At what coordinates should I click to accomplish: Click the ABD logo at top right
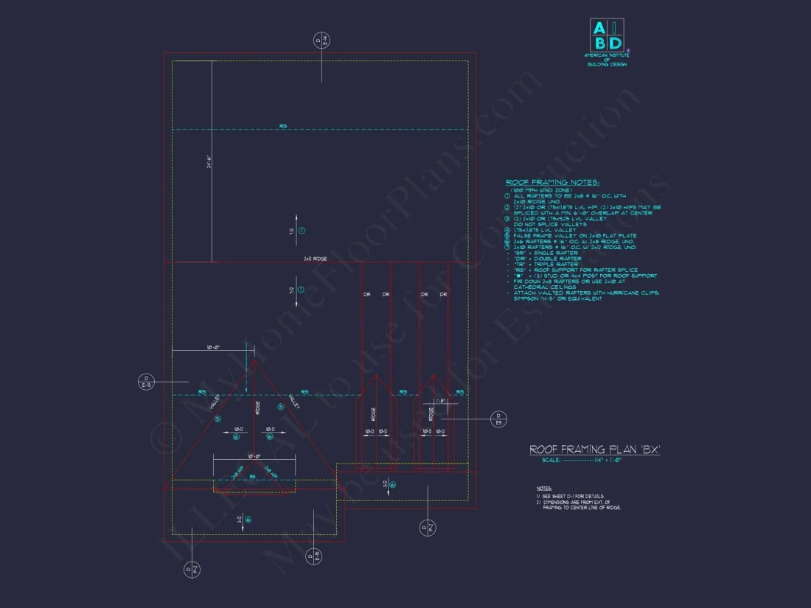pyautogui.click(x=607, y=35)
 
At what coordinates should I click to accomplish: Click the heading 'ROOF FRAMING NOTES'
pyautogui.click(x=552, y=182)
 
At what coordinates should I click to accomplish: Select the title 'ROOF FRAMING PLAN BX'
pyautogui.click(x=594, y=449)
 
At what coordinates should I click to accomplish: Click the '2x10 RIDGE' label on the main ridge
pyautogui.click(x=315, y=259)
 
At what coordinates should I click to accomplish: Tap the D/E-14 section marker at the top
pyautogui.click(x=321, y=40)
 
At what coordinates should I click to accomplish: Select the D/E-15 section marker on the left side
pyautogui.click(x=145, y=382)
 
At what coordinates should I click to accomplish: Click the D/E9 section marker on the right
pyautogui.click(x=498, y=419)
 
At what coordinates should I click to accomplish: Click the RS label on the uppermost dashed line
pyautogui.click(x=283, y=127)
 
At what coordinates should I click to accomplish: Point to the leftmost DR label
pyautogui.click(x=366, y=294)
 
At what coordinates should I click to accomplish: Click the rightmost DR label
pyautogui.click(x=443, y=294)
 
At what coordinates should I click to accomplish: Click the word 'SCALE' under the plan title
pyautogui.click(x=551, y=459)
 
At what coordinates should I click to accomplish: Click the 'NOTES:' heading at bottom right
pyautogui.click(x=544, y=489)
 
